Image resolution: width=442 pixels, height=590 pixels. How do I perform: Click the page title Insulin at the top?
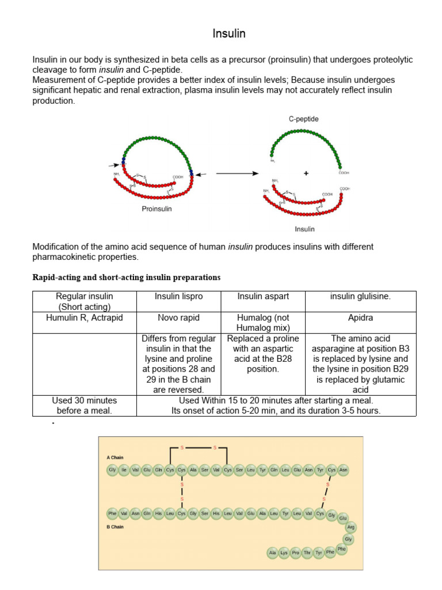point(229,34)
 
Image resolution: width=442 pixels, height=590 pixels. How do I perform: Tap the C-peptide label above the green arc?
point(303,119)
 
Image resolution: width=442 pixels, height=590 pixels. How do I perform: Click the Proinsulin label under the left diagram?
point(157,209)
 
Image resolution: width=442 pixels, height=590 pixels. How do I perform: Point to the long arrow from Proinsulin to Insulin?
point(237,173)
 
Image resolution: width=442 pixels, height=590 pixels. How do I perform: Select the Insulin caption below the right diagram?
point(304,229)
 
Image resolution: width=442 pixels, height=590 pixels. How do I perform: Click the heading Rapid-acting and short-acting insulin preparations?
point(126,277)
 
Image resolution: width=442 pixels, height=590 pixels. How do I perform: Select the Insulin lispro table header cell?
point(179,296)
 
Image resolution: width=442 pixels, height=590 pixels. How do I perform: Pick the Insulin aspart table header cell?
point(263,296)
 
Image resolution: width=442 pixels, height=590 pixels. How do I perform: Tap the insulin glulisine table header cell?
point(360,296)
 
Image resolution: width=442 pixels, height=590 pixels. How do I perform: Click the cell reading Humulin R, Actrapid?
point(85,317)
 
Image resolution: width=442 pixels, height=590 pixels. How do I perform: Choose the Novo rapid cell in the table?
point(179,317)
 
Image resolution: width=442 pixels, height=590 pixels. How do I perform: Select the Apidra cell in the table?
point(360,317)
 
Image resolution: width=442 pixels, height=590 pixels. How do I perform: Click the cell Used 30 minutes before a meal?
point(85,405)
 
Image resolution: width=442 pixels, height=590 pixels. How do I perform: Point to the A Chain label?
point(115,457)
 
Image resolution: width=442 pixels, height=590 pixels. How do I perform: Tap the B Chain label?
point(115,527)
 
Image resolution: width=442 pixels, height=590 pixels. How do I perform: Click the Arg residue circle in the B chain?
point(350,527)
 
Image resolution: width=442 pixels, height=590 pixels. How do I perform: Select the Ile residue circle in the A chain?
point(124,470)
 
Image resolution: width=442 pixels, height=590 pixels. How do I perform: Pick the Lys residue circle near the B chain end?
point(284,553)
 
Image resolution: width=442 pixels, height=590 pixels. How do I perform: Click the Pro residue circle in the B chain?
point(295,553)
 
